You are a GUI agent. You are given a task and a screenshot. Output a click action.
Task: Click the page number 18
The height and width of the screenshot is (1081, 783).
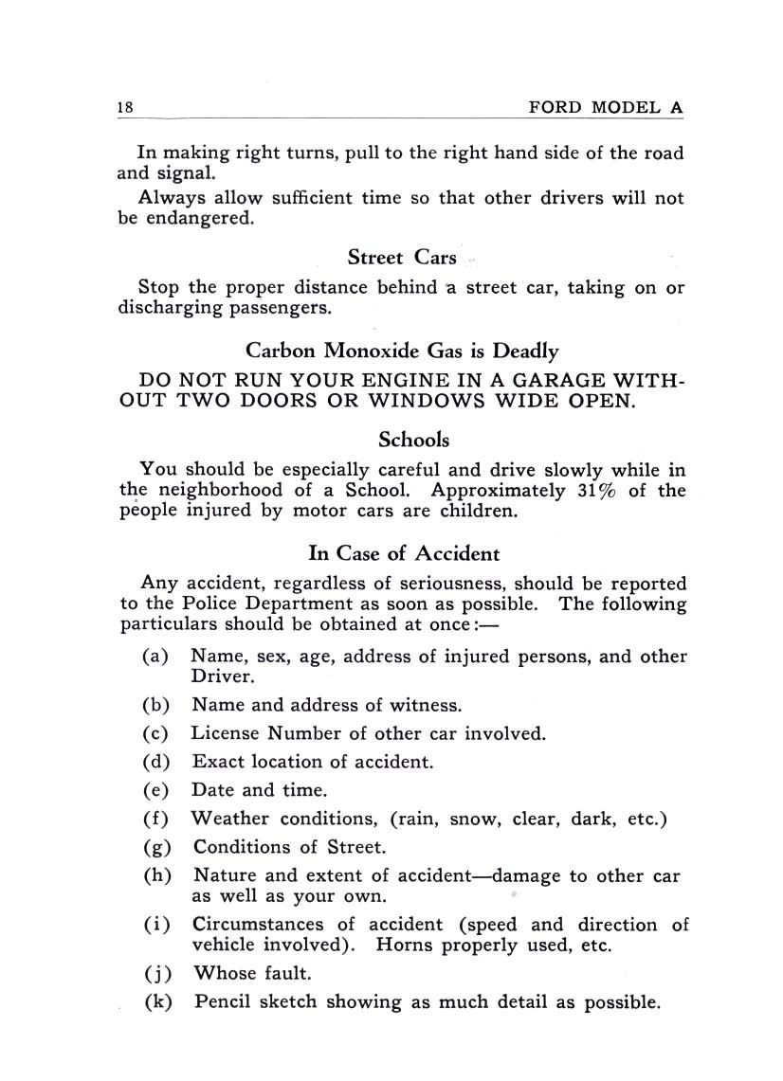(x=124, y=107)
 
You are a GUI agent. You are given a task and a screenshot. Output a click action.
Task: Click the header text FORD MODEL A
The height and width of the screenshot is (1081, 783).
(x=605, y=107)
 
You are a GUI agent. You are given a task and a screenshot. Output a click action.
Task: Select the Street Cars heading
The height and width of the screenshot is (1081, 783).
(x=402, y=257)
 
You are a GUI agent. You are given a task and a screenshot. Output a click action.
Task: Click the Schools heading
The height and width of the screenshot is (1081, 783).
(x=413, y=440)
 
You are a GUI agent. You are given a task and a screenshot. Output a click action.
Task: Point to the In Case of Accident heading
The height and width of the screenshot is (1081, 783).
(x=404, y=552)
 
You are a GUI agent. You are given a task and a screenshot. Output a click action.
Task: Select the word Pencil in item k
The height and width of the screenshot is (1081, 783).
(x=227, y=1000)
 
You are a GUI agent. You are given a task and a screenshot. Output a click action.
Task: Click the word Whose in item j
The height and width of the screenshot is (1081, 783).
(x=224, y=972)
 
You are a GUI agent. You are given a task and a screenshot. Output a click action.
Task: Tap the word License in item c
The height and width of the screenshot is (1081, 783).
(x=225, y=732)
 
